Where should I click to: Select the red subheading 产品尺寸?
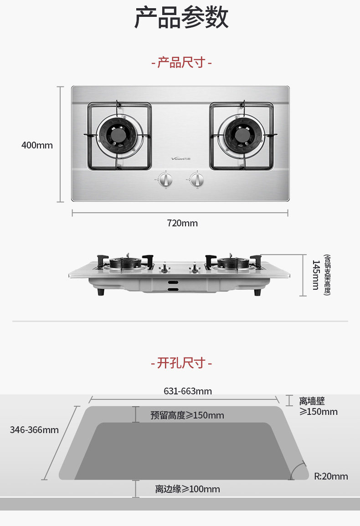tap(181, 62)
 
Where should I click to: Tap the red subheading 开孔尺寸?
tap(181, 363)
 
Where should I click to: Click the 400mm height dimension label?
tap(37, 145)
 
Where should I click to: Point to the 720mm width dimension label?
tap(182, 223)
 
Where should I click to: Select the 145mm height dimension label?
tap(315, 275)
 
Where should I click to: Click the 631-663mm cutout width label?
tap(188, 391)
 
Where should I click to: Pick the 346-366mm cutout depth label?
tap(34, 430)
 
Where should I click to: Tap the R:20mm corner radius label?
tap(331, 476)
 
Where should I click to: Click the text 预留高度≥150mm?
tap(187, 415)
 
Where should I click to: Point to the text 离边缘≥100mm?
tap(187, 489)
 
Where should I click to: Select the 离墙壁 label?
tap(312, 401)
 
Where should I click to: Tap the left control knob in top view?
tap(166, 179)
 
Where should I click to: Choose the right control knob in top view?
tap(196, 179)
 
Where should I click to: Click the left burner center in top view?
tap(120, 136)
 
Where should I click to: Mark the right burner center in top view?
tap(241, 136)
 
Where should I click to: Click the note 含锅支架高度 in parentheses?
tap(326, 275)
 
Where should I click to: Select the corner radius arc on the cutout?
tap(298, 469)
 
